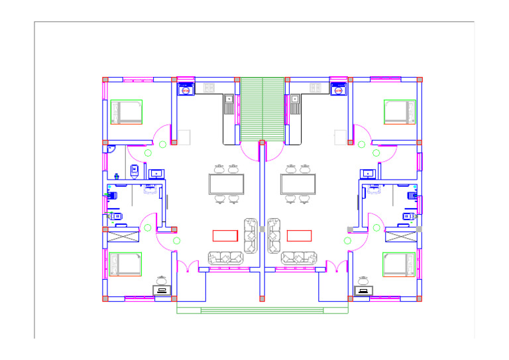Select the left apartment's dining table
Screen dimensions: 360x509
227,184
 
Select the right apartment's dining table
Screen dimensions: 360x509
298,184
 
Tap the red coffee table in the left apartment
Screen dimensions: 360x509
225,235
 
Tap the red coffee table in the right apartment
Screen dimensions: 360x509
300,235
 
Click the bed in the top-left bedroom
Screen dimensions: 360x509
127,112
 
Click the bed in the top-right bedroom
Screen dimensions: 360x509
400,112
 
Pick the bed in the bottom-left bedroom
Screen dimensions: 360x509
125,264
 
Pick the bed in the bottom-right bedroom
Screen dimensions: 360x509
400,264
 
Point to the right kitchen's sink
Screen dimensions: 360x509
295,99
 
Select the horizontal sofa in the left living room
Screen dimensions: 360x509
225,258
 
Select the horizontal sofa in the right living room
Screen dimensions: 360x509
298,258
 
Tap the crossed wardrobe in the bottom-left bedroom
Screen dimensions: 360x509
123,236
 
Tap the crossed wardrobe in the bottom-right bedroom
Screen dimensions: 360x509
401,236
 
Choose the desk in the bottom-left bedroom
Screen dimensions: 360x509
161,290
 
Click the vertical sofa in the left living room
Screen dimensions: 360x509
251,235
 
